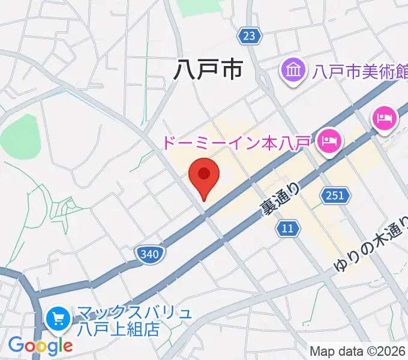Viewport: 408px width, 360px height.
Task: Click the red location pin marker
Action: coord(204,176)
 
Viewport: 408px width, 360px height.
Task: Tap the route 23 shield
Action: coord(249,36)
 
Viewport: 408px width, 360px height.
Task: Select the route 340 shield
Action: coord(148,254)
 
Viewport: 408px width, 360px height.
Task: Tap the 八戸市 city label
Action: coord(207,70)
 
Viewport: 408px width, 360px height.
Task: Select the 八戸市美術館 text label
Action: coord(359,73)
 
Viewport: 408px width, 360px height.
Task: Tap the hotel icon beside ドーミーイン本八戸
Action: coord(329,142)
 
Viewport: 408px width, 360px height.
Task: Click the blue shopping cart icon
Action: coord(59,319)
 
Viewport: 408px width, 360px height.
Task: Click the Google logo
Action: coord(40,345)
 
